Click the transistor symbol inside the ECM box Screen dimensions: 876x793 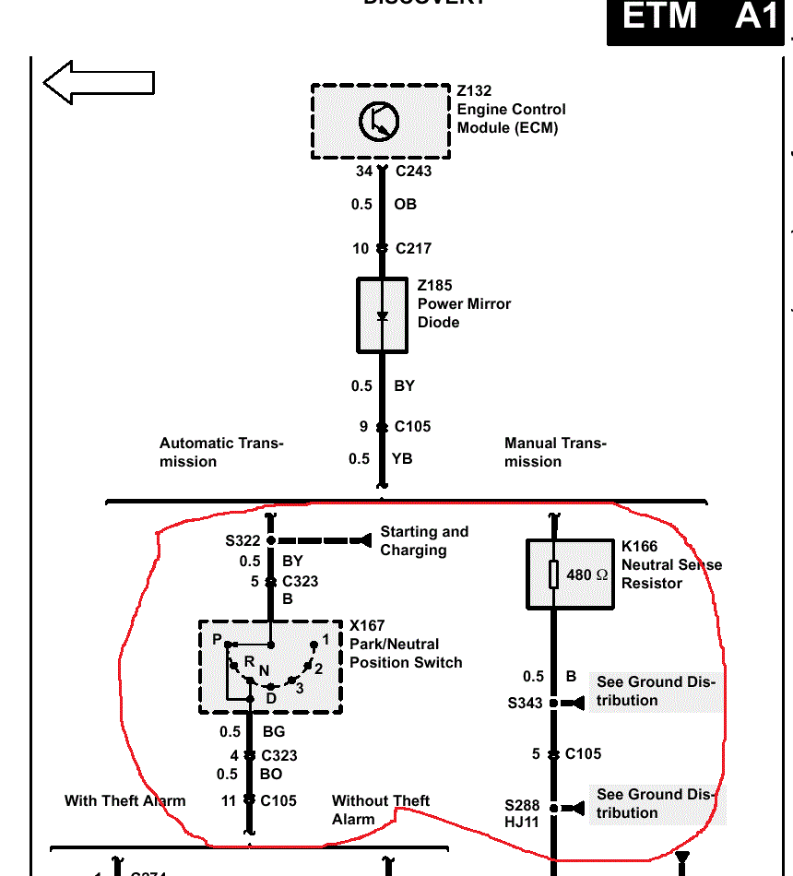379,122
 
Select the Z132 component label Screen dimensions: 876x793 474,91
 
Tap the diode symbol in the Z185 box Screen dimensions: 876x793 382,316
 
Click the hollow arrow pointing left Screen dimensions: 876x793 98,82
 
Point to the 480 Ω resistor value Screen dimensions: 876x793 586,574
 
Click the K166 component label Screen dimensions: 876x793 639,547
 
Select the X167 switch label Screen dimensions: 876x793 367,626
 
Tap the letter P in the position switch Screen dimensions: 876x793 217,640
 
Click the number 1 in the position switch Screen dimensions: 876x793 325,639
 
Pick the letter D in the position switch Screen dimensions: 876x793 271,698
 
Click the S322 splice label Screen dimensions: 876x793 243,540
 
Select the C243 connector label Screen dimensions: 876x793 413,171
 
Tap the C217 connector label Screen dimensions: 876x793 413,248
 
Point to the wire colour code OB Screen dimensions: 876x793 406,205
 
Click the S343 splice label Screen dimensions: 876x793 525,704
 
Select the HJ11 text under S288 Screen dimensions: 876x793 522,823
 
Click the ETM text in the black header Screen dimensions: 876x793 659,17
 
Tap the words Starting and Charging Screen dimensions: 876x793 423,541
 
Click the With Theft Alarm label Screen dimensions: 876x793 124,800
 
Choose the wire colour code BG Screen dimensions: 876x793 274,733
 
